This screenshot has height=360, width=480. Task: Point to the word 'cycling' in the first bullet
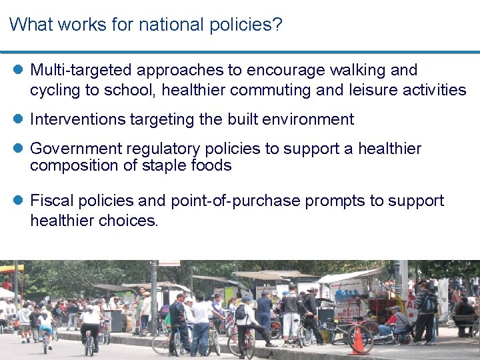(54, 90)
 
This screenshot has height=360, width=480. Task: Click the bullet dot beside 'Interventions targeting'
(18, 119)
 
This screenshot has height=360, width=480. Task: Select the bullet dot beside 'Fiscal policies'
(18, 201)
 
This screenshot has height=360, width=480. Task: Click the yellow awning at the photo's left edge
(10, 269)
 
